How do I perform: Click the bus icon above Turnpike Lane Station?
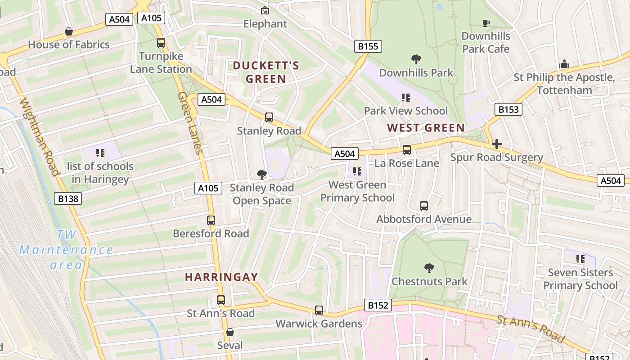[161, 43]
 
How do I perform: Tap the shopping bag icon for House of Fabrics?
[69, 31]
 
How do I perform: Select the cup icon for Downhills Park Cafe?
[486, 23]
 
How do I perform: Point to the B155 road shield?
[368, 46]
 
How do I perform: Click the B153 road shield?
[508, 109]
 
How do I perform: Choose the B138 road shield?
[68, 198]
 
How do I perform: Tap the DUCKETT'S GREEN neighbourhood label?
[265, 72]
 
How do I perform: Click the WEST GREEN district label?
[426, 128]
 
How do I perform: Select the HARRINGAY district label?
[222, 277]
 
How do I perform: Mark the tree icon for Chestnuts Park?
[429, 268]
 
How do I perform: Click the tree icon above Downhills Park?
[416, 59]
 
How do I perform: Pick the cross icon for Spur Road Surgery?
[497, 144]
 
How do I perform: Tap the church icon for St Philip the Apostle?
[564, 64]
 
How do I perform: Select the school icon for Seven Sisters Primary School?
[580, 259]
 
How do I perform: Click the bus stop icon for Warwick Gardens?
[319, 310]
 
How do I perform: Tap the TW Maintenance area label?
[66, 250]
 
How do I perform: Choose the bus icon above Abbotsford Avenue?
[424, 206]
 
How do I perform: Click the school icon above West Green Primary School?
[357, 171]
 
